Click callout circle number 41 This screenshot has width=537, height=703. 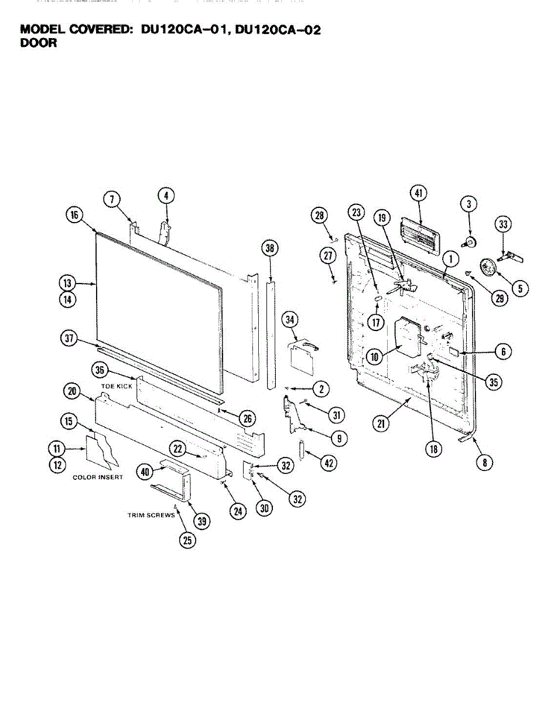pyautogui.click(x=418, y=194)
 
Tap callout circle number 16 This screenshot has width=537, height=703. pyautogui.click(x=74, y=215)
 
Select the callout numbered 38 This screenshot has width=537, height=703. pyautogui.click(x=269, y=248)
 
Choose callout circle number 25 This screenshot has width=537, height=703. pyautogui.click(x=187, y=540)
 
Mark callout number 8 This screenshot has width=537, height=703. pyautogui.click(x=484, y=462)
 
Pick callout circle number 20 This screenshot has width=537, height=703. pyautogui.click(x=72, y=391)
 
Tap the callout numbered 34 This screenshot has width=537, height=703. pyautogui.click(x=290, y=320)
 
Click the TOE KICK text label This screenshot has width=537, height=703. pyautogui.click(x=117, y=387)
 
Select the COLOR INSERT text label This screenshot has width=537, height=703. pyautogui.click(x=98, y=477)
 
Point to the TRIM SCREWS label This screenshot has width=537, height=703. pyautogui.click(x=151, y=516)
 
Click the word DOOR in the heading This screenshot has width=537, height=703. pyautogui.click(x=39, y=43)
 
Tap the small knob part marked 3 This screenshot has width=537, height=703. pyautogui.click(x=470, y=241)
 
